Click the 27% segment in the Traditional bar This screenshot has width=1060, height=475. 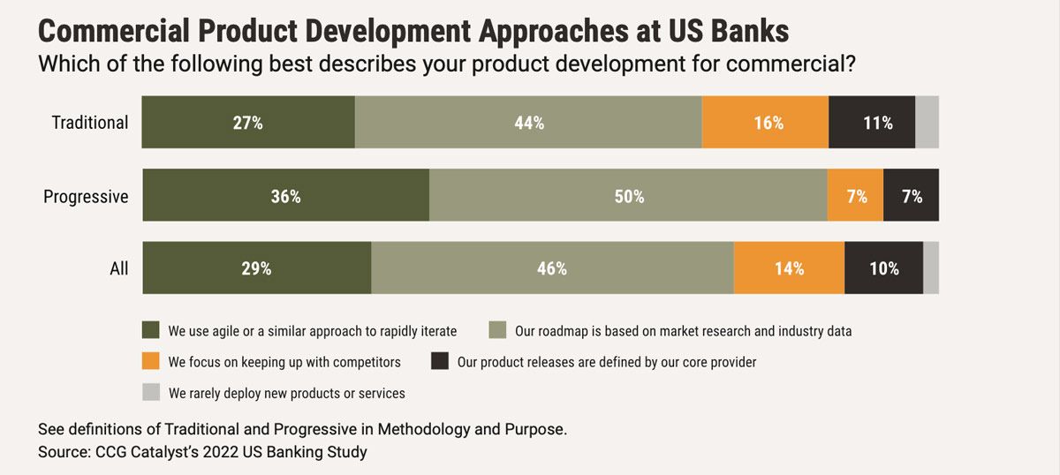248,123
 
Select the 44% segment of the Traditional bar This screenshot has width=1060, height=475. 528,123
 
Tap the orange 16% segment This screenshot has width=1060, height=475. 765,123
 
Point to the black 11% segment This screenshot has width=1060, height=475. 872,123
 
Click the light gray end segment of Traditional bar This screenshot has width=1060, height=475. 927,123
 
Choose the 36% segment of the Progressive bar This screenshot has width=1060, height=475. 285,196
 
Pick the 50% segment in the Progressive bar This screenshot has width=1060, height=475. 628,196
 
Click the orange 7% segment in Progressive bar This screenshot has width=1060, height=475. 855,196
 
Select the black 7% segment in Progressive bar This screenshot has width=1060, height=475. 911,196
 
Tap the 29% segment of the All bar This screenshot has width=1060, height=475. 256,268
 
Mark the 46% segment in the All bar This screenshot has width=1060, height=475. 552,268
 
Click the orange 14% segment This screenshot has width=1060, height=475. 789,268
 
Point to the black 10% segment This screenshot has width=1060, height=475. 883,268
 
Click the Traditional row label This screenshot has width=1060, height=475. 90,123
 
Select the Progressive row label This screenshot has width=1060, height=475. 86,196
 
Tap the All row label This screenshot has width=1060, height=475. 119,268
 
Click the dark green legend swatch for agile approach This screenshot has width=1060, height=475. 151,331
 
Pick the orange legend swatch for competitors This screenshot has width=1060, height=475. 151,361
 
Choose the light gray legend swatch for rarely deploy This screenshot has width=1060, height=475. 151,392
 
